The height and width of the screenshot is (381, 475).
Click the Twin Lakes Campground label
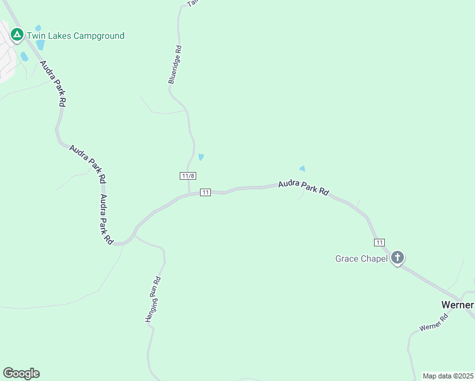(75, 36)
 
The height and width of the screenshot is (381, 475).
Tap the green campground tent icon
(18, 35)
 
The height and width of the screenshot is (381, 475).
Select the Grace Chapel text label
(361, 258)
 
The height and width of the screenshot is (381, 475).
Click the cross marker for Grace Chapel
(398, 258)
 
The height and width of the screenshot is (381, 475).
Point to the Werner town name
(457, 305)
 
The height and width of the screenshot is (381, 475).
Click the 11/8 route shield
(187, 176)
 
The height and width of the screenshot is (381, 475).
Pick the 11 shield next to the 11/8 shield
(205, 192)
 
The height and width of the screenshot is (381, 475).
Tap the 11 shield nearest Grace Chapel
(379, 243)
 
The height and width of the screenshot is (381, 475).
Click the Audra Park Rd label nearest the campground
(53, 83)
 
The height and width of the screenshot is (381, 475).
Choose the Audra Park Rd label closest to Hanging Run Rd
(105, 219)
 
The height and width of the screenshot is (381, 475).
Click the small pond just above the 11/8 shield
(201, 157)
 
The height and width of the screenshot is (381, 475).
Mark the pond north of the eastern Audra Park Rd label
(302, 168)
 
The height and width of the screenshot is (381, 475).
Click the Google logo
(21, 373)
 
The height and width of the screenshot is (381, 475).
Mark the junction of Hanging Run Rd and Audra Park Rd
(135, 236)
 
